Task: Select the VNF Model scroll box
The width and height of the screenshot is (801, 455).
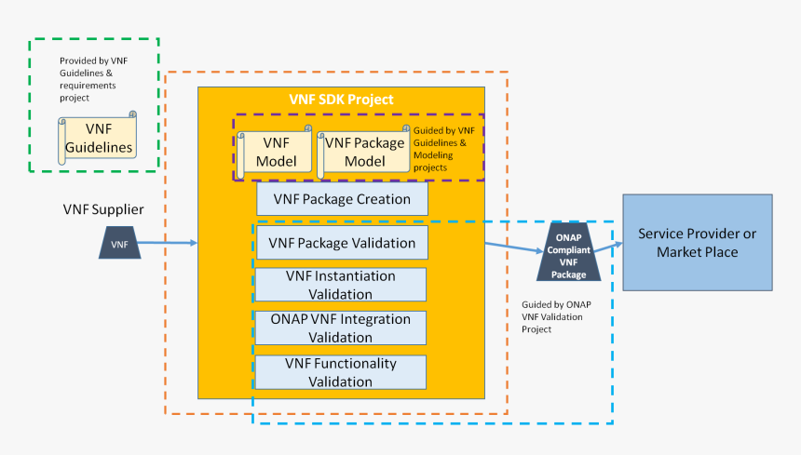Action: [275, 153]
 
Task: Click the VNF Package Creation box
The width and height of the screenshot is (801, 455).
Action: [342, 199]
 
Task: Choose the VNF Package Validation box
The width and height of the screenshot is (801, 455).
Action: [342, 244]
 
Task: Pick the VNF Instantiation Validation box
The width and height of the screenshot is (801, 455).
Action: [341, 285]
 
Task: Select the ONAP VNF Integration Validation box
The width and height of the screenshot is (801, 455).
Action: [341, 328]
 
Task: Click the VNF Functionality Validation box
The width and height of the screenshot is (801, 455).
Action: [341, 371]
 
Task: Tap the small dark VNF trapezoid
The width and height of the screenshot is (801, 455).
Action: [119, 244]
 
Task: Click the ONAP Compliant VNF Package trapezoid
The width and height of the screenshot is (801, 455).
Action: [569, 252]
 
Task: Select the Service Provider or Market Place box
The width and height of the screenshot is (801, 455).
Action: [697, 242]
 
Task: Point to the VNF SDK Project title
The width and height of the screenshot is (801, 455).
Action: [341, 100]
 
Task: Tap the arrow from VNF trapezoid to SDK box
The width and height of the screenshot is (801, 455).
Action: [169, 244]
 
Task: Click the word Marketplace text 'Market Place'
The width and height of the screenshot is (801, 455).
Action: [697, 252]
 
